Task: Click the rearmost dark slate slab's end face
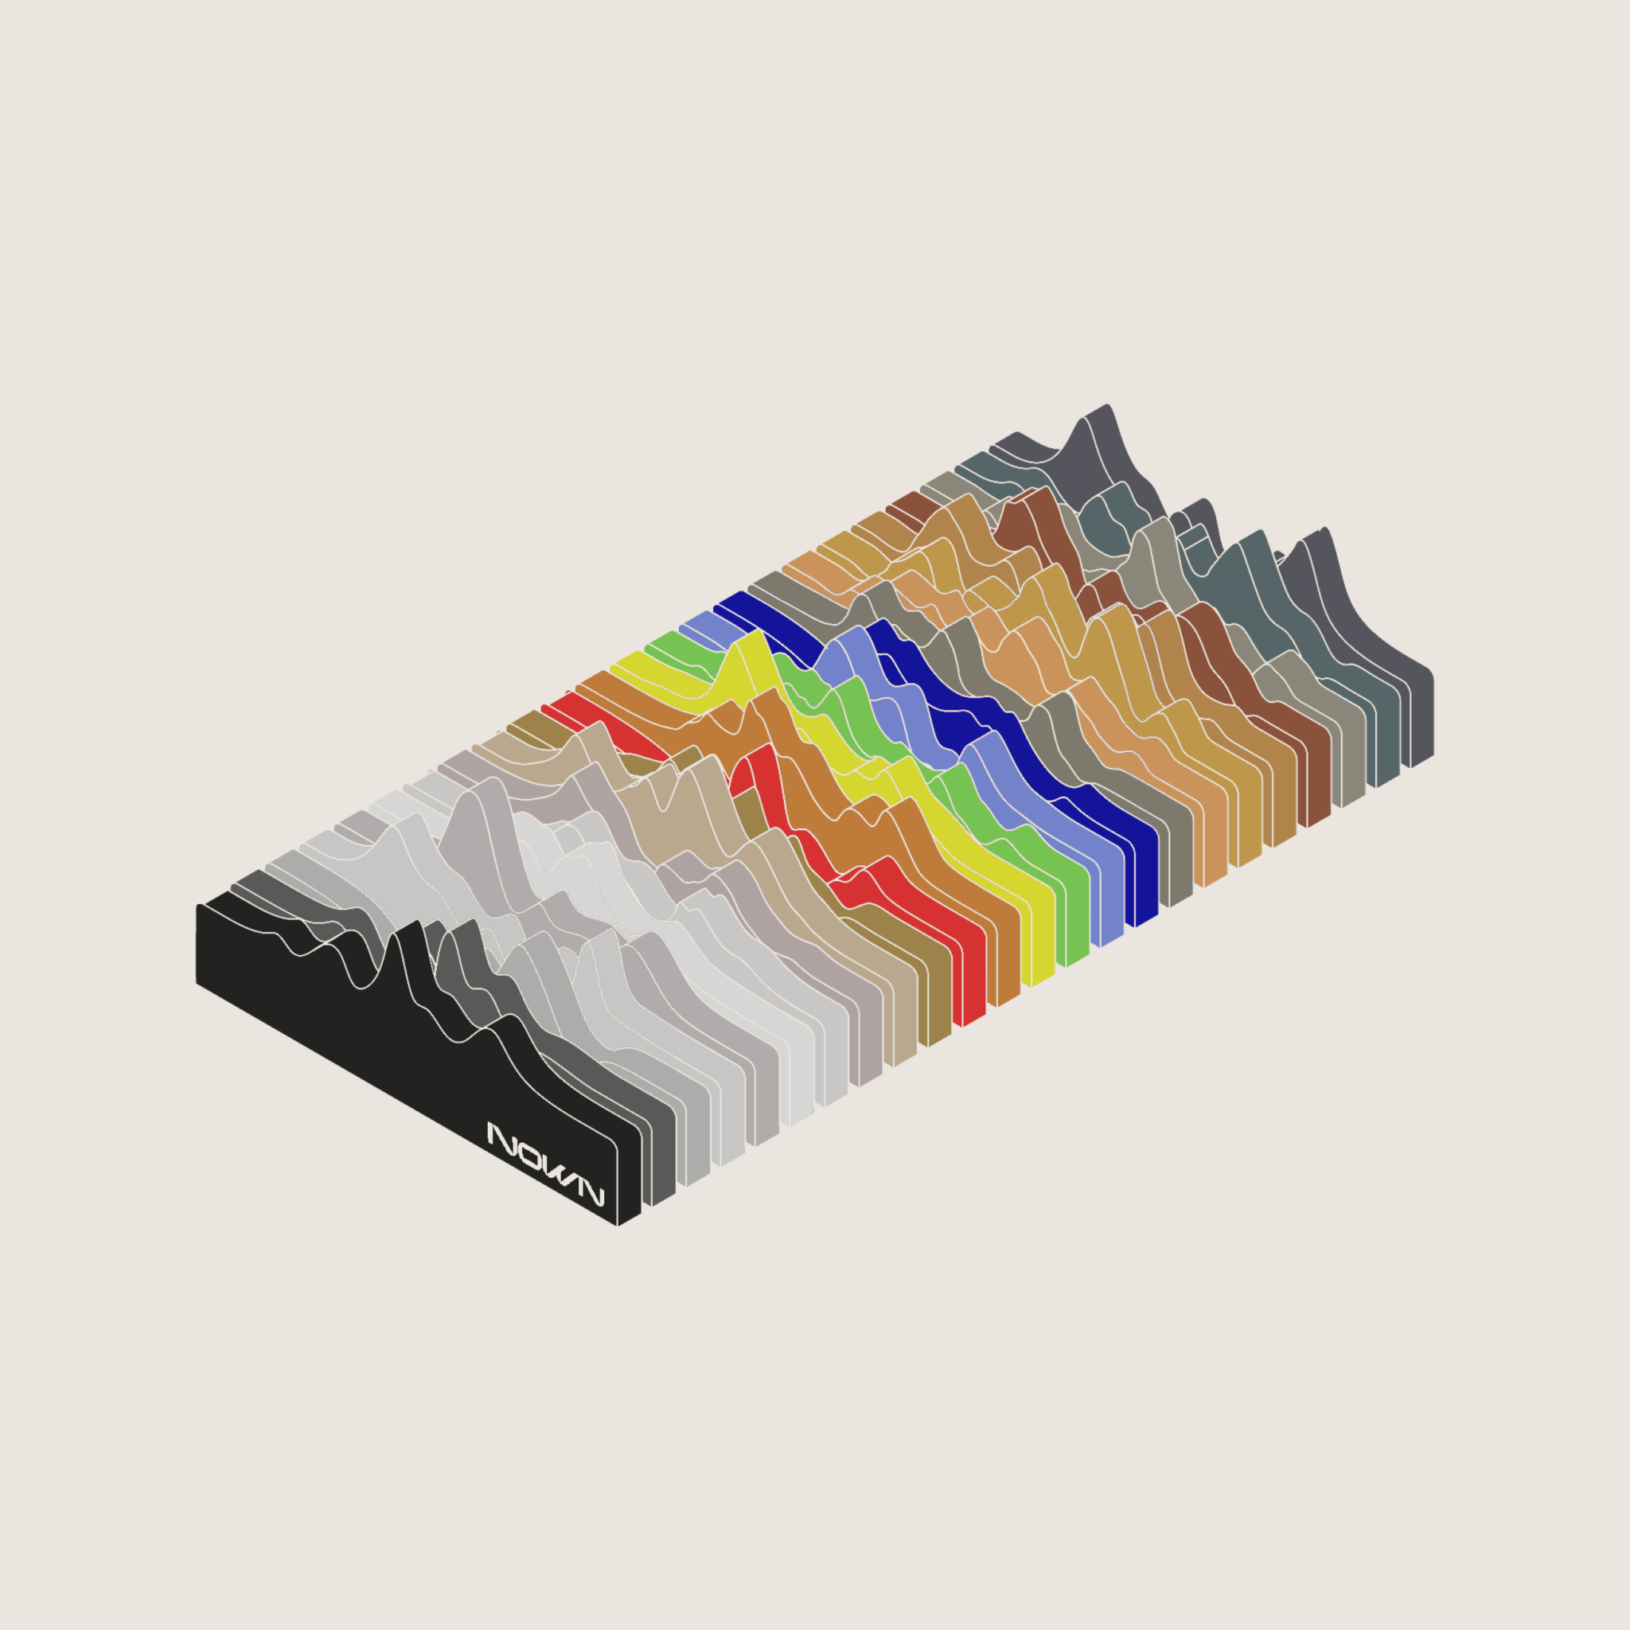pyautogui.click(x=1421, y=719)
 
